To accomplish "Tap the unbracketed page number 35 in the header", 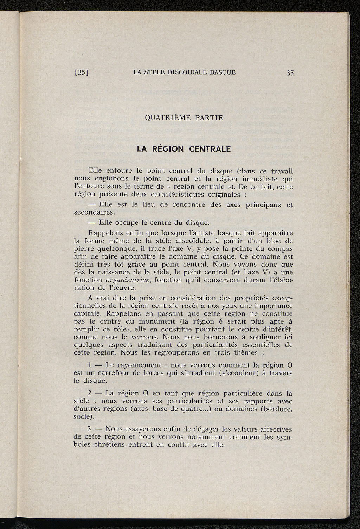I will pos(290,73).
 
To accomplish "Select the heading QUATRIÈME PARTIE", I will pos(184,118).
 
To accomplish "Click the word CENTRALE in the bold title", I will pos(210,149).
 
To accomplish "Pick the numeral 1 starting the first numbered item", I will pos(90,365).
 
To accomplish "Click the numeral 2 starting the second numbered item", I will pos(90,393).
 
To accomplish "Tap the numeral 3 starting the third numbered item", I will pos(90,429).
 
